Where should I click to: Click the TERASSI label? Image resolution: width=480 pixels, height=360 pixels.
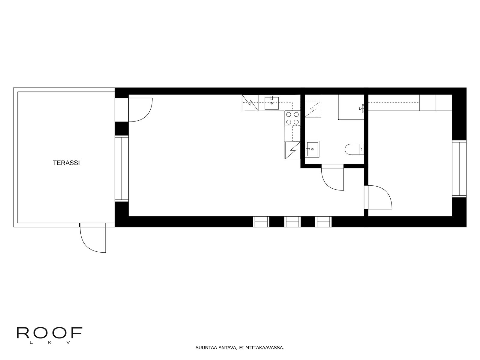pos(66,163)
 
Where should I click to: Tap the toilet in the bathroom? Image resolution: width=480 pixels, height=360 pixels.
pos(354,149)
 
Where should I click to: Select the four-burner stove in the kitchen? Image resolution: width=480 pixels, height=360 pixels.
pos(292,118)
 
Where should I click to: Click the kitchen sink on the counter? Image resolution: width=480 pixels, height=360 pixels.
pos(271,103)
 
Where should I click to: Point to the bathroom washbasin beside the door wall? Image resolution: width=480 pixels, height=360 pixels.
pos(312,149)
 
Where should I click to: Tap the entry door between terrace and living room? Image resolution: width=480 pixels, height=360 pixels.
pos(140,110)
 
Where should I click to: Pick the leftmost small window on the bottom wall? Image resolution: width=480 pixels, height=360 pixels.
pos(261,222)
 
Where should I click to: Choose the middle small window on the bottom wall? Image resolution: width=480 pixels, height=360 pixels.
pos(292,222)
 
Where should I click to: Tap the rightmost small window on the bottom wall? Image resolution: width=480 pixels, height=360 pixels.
pos(323,222)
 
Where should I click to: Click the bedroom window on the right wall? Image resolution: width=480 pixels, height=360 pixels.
pos(459,169)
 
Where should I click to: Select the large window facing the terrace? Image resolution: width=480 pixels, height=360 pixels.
pos(121,168)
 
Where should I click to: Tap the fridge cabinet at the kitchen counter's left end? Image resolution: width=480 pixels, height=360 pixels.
pos(250,103)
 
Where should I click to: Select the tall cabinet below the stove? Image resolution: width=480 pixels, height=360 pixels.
pos(292,150)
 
